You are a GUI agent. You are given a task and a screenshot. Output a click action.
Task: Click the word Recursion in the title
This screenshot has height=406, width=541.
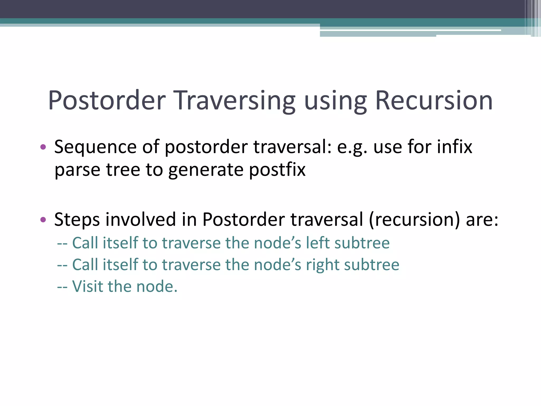pyautogui.click(x=434, y=101)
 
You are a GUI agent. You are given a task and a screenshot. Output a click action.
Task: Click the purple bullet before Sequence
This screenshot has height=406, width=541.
pyautogui.click(x=43, y=147)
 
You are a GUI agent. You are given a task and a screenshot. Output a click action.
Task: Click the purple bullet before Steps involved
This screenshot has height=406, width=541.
pyautogui.click(x=43, y=219)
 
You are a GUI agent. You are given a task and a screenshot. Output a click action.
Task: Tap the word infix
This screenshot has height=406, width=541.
pyautogui.click(x=454, y=147)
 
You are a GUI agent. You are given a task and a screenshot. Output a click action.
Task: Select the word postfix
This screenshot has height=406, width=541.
pyautogui.click(x=277, y=170)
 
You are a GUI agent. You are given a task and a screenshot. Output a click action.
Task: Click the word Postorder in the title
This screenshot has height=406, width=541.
pyautogui.click(x=107, y=101)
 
